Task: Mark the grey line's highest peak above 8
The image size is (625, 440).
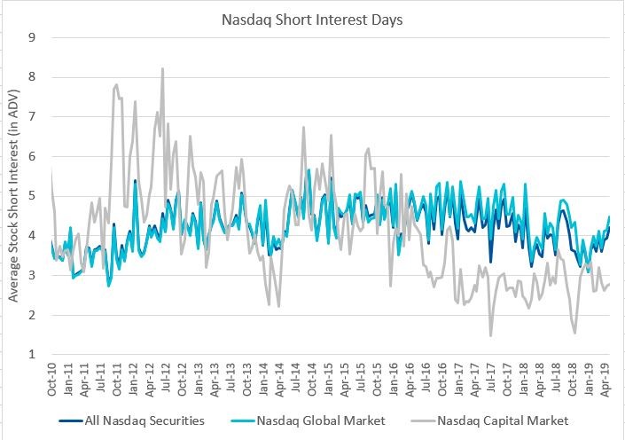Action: pos(162,68)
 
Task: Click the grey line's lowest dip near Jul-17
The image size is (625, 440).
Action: pos(490,335)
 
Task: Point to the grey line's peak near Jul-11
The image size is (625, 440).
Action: pos(117,85)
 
